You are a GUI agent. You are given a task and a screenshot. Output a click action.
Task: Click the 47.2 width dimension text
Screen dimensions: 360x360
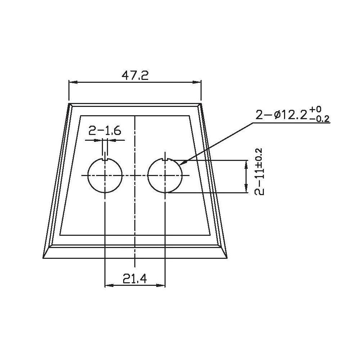coord(135,75)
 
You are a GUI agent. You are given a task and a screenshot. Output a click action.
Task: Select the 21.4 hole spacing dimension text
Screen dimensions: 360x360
coord(134,279)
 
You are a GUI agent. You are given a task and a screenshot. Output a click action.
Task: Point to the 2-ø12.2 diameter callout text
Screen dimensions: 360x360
coord(281,115)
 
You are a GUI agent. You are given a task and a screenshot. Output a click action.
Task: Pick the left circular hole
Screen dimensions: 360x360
coord(105,175)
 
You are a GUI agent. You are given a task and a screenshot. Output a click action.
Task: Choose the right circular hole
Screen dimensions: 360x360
coord(165,175)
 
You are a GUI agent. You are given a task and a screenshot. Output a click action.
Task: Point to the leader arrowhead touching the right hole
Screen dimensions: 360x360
coord(180,164)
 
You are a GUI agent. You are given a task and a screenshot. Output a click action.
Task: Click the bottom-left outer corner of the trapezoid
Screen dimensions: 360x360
coord(43,258)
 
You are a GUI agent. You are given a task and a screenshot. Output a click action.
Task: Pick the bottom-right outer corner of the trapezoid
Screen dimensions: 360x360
coord(227,258)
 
